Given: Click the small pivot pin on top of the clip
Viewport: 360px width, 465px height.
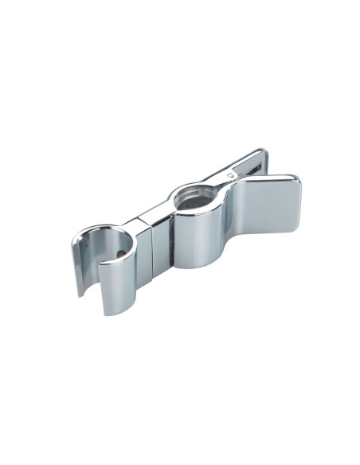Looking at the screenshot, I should pyautogui.click(x=230, y=173).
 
